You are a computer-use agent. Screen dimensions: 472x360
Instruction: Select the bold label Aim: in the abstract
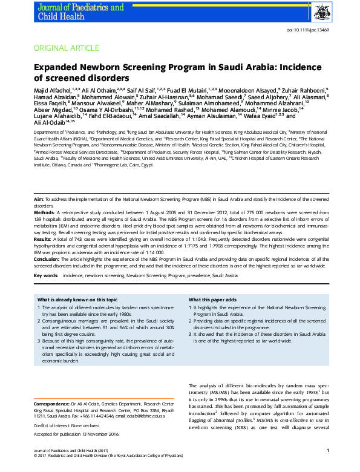point(38,199)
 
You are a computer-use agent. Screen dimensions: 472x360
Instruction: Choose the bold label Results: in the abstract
point(43,240)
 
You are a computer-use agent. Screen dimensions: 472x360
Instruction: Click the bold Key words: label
point(46,275)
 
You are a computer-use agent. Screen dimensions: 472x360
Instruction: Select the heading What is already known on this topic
point(77,300)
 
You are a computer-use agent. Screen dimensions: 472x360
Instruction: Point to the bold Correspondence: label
point(51,403)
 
